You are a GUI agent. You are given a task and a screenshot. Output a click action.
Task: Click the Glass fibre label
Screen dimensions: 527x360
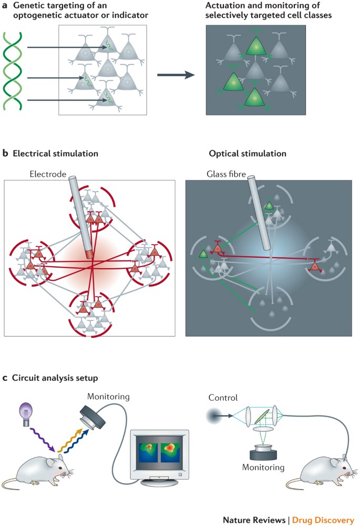[215, 172]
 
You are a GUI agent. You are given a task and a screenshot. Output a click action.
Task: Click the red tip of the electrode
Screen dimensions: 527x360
[91, 255]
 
